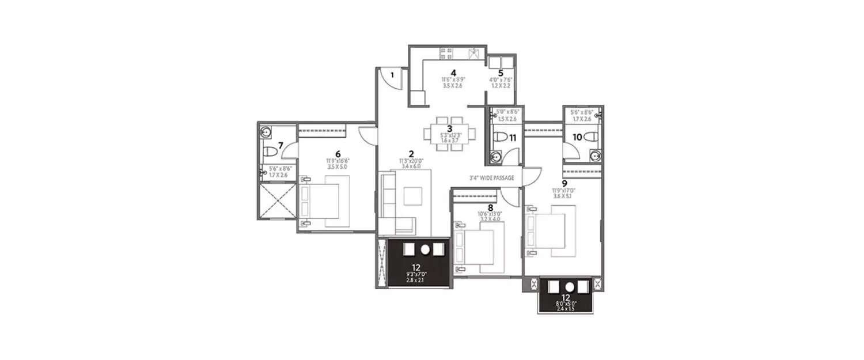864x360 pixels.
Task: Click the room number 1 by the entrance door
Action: [x=391, y=74]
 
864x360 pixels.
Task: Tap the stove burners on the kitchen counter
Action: [x=446, y=54]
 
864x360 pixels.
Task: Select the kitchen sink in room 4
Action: [x=475, y=54]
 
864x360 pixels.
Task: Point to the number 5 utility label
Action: [x=501, y=73]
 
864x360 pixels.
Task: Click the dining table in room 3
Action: [x=450, y=134]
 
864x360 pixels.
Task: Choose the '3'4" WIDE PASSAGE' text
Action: [x=491, y=178]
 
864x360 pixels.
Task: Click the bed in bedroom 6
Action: [x=325, y=200]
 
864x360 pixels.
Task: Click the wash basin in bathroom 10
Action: [x=596, y=154]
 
